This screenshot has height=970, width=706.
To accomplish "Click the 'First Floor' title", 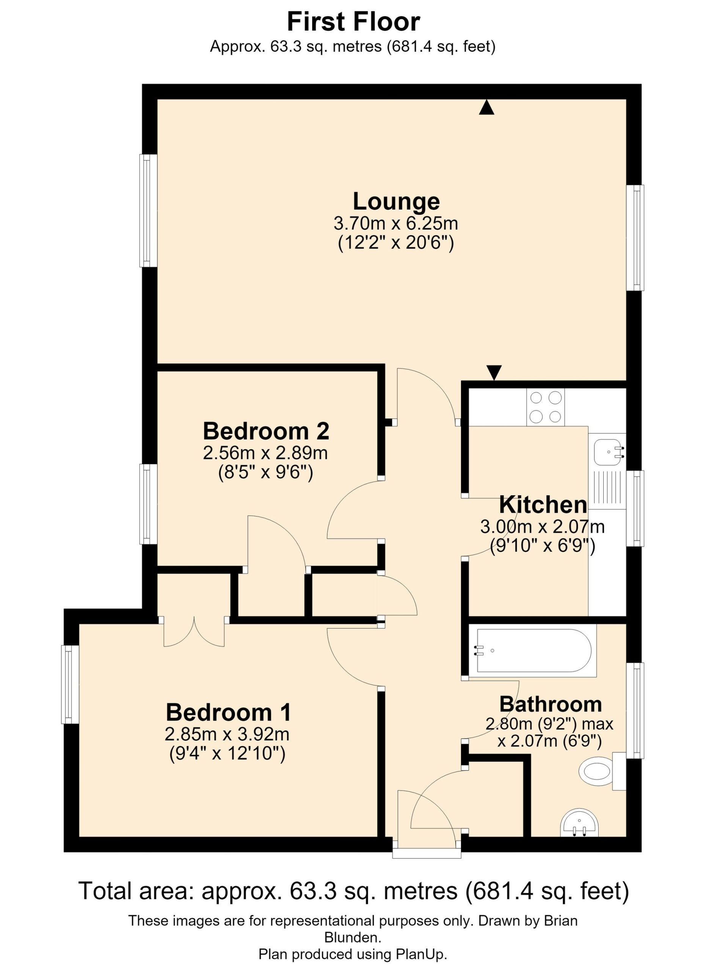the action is pyautogui.click(x=353, y=22).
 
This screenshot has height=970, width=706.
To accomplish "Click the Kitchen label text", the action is pyautogui.click(x=543, y=505).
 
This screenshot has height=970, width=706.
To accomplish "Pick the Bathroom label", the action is pyautogui.click(x=551, y=704).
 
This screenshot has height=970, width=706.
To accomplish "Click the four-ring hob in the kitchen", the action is pyautogui.click(x=546, y=407).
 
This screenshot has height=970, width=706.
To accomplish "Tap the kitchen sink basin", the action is pyautogui.click(x=607, y=452).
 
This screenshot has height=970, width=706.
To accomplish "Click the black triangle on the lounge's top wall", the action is pyautogui.click(x=486, y=107).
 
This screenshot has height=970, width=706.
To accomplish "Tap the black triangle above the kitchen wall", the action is pyautogui.click(x=494, y=372).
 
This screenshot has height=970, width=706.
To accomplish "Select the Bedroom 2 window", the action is pyautogui.click(x=149, y=504).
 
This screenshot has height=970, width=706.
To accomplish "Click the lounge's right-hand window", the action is pyautogui.click(x=635, y=238).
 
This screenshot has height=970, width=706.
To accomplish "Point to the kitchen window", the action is pyautogui.click(x=635, y=508).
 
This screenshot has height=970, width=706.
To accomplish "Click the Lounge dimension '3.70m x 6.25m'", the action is pyautogui.click(x=396, y=223).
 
